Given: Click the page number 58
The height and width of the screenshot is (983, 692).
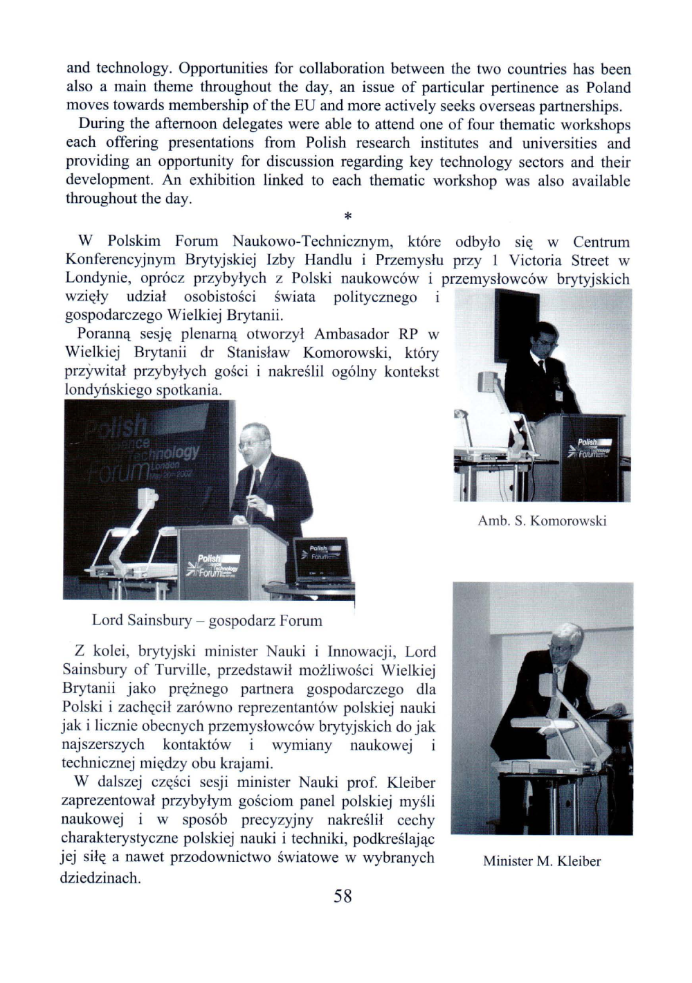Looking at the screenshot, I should (343, 896).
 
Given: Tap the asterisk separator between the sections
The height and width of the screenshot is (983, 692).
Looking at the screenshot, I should (348, 217).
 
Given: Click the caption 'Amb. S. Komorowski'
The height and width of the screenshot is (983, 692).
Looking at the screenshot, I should (542, 521).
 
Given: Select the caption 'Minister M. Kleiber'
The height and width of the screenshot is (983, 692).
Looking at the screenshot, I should (542, 861).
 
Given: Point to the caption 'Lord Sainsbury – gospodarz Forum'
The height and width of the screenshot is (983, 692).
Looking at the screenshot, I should (207, 620).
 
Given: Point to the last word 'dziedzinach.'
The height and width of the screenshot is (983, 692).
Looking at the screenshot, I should (100, 878).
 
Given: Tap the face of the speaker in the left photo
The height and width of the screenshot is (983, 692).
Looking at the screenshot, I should (251, 440).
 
